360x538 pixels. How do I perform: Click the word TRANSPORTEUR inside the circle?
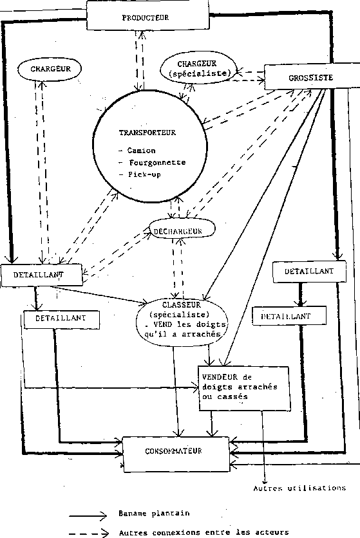point(147,133)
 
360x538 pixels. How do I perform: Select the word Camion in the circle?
point(141,151)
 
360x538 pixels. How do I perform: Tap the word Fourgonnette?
point(157,162)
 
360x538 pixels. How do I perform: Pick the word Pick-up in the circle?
point(145,174)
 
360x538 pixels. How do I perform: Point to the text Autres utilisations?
point(299,488)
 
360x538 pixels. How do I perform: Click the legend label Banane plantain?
point(154,514)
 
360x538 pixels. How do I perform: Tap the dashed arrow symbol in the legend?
point(89,533)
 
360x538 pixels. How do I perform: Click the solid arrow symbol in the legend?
point(88,515)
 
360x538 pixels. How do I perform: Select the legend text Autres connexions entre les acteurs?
point(204,532)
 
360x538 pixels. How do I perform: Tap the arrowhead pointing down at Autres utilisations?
point(265,481)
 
